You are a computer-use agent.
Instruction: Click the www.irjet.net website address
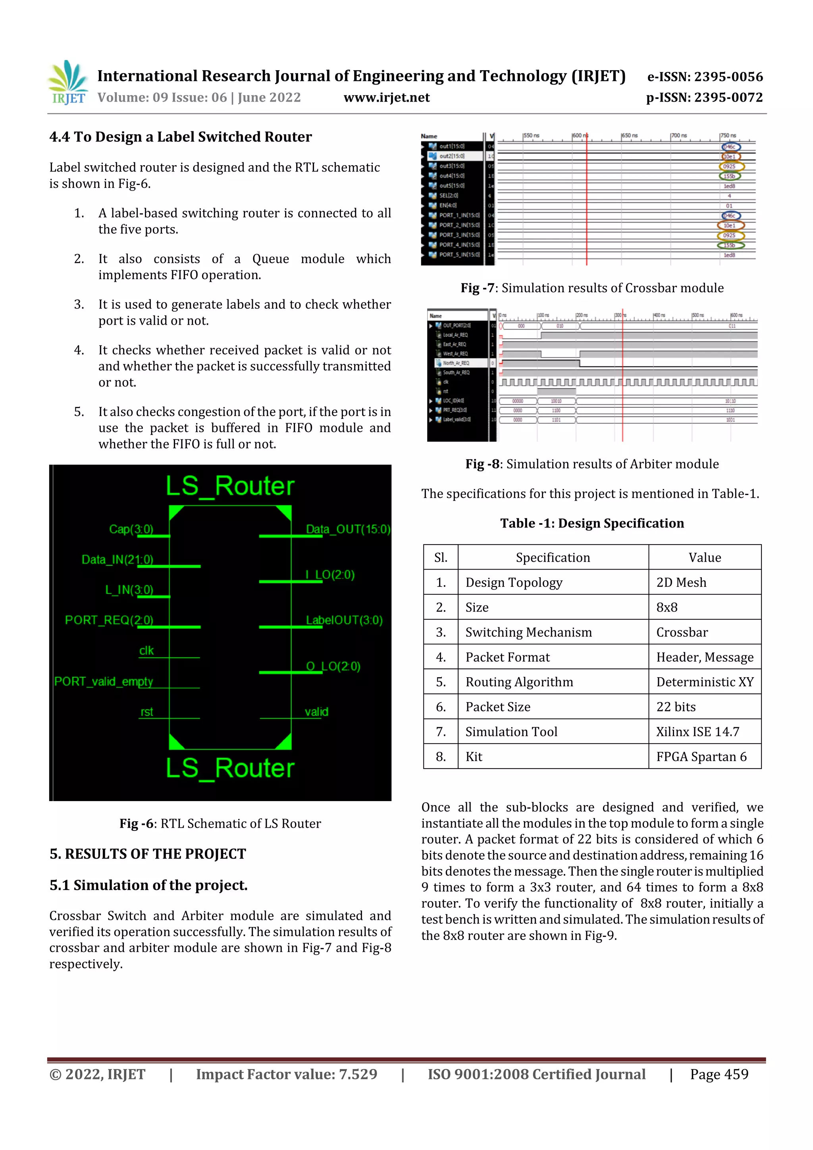(386, 97)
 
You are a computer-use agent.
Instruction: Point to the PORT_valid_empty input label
(104, 681)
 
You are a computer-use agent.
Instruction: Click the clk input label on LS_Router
(146, 650)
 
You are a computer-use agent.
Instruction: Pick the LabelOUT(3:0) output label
(344, 620)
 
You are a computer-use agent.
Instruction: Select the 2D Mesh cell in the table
(681, 582)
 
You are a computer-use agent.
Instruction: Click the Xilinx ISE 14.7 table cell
(697, 731)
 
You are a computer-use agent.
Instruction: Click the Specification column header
(553, 557)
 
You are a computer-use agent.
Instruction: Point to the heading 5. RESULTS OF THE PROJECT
(148, 853)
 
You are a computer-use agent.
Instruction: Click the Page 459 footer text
(719, 1074)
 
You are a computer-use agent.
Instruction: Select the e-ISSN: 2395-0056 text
(705, 77)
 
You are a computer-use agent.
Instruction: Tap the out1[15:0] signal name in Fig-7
(451, 146)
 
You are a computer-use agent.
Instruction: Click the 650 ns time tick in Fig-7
(630, 135)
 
